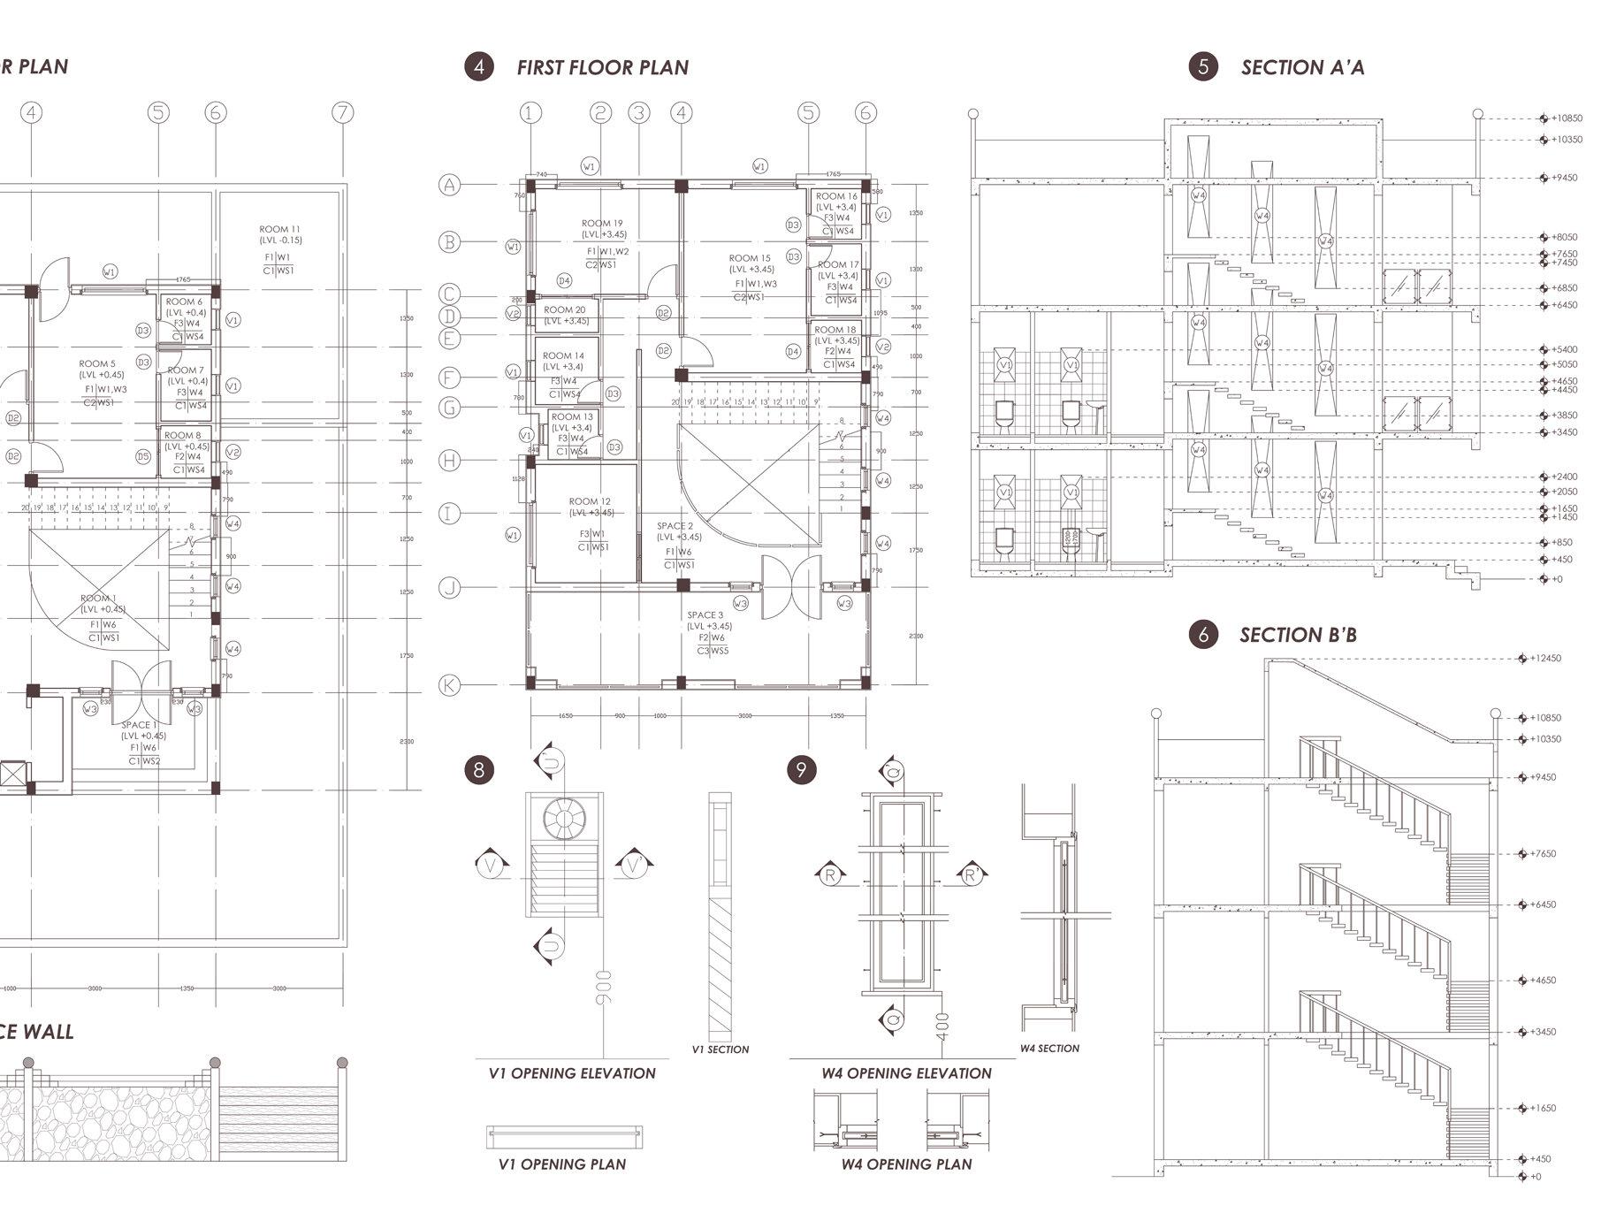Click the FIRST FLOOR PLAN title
tap(602, 67)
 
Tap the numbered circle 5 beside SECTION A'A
tap(1202, 67)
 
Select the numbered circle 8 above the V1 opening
tap(479, 769)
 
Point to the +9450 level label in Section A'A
tap(1564, 178)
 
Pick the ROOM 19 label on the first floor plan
tap(601, 224)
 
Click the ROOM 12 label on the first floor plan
tap(589, 502)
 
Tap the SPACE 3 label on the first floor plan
tap(705, 615)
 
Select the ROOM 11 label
tap(279, 230)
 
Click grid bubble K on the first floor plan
tap(450, 685)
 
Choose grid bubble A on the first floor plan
tap(450, 185)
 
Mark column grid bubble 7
tap(342, 112)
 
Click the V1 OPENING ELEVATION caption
tap(572, 1073)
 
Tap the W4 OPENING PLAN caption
tap(906, 1164)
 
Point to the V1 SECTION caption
tap(720, 1049)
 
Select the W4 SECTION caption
tap(1049, 1049)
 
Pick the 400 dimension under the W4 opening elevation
tap(942, 1026)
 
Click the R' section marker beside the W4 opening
tap(971, 875)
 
